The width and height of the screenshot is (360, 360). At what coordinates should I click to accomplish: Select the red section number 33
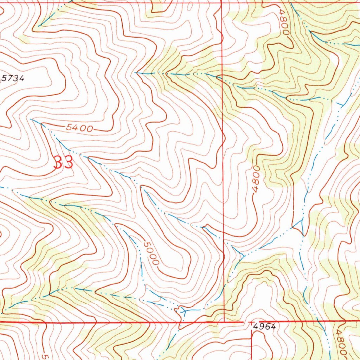tap(63, 162)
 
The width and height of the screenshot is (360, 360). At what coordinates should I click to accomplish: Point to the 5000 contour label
tap(152, 253)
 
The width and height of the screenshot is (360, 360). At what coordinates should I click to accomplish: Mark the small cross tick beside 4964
tap(251, 322)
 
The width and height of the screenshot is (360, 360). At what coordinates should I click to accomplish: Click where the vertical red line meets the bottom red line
tap(224, 321)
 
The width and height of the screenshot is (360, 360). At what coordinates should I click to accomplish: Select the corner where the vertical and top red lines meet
tap(222, 3)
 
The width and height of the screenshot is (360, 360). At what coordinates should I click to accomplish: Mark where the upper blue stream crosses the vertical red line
tap(222, 77)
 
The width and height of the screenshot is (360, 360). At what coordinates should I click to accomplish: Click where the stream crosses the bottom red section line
tap(181, 321)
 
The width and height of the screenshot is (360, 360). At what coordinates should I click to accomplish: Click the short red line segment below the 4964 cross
tap(252, 341)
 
